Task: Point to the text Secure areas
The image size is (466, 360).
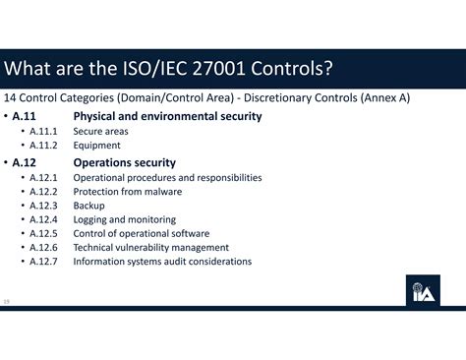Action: click(100, 131)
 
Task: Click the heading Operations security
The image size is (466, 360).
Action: click(125, 162)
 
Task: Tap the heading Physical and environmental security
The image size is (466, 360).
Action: click(167, 116)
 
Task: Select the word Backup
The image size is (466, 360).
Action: click(88, 206)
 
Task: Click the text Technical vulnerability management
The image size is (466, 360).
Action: click(150, 248)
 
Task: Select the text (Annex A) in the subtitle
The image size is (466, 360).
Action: click(381, 98)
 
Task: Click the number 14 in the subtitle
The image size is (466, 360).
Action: click(10, 98)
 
